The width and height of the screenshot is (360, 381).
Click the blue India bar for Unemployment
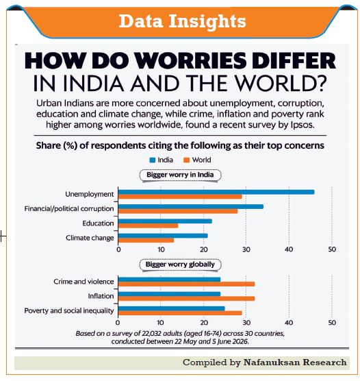tap(216, 192)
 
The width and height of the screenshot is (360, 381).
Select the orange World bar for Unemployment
tap(180, 197)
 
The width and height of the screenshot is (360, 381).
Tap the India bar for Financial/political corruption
tap(191, 206)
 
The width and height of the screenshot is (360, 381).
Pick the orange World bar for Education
tap(148, 225)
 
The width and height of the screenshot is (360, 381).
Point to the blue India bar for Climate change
tap(163, 236)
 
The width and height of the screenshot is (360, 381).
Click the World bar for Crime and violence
tap(186, 284)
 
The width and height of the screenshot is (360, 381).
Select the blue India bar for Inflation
tap(169, 294)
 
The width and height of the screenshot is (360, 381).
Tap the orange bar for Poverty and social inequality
tap(180, 313)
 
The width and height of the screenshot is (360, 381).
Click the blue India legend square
tap(153, 160)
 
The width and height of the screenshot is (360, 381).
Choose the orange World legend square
tap(186, 160)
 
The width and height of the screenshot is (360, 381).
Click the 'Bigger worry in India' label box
tap(181, 175)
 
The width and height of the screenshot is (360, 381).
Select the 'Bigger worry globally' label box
tap(181, 265)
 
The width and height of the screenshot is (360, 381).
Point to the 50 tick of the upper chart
tap(332, 249)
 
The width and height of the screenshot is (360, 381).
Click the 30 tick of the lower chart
tap(246, 323)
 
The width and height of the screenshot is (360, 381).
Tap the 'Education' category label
tap(98, 223)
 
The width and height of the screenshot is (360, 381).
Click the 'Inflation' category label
tap(101, 296)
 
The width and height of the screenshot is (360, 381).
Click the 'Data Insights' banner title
tap(182, 21)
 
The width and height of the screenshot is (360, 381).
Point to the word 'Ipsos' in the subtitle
tap(302, 125)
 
